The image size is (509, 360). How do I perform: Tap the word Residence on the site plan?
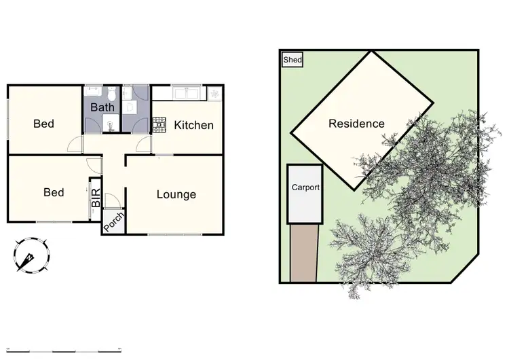tap(356, 124)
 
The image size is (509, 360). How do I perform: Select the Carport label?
tap(305, 187)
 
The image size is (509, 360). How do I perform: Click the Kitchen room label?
tap(193, 125)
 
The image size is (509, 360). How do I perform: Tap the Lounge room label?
tap(176, 194)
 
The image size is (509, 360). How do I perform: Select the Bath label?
tap(102, 107)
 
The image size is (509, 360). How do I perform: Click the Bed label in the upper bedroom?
tap(44, 124)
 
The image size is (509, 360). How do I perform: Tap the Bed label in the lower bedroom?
tap(54, 192)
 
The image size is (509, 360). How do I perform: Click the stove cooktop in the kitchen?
tap(159, 123)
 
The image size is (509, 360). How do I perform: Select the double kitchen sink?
tap(185, 93)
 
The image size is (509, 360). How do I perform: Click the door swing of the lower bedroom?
tap(94, 164)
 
